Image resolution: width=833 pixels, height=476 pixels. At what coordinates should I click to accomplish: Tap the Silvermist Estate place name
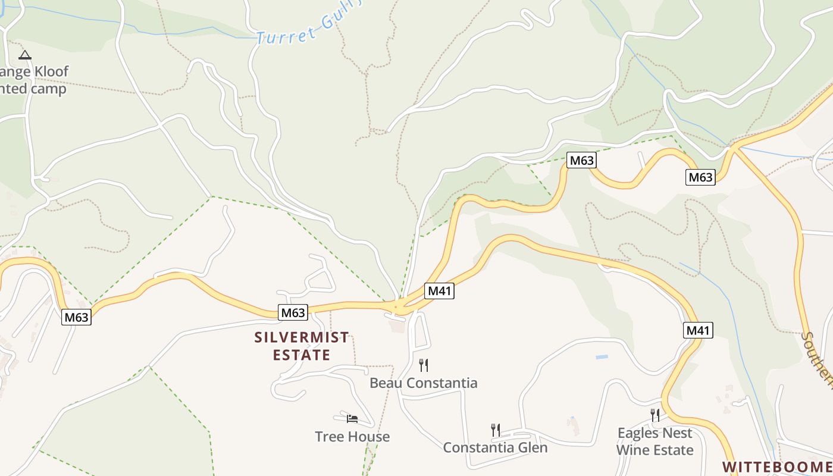[x=302, y=346]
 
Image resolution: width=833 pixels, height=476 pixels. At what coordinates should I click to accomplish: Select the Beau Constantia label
[x=423, y=383]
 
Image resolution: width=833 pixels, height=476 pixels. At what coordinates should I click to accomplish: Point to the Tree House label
[x=352, y=437]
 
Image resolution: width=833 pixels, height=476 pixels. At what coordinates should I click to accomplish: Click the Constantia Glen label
[x=495, y=447]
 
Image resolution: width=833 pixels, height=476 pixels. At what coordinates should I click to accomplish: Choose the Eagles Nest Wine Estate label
[x=654, y=441]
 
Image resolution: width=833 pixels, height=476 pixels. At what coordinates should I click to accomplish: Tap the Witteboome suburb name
[x=777, y=467]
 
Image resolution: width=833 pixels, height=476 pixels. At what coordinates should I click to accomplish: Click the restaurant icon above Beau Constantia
[x=424, y=365]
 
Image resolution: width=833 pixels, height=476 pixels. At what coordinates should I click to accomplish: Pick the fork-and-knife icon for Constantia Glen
[x=495, y=430]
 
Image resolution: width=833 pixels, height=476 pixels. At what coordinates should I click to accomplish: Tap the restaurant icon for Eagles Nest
[x=654, y=415]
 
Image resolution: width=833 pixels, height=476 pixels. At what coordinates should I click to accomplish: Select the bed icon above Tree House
[x=352, y=419]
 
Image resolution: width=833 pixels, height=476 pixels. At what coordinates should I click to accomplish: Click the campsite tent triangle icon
[x=24, y=55]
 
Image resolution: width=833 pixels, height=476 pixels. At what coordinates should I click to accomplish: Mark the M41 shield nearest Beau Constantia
[x=440, y=291]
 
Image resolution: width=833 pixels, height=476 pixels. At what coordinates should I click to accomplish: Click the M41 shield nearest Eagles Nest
[x=699, y=330]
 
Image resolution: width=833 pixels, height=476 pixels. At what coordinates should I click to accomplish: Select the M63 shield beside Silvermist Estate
[x=293, y=312]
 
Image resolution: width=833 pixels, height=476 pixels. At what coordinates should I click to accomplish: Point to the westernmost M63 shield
[x=76, y=317]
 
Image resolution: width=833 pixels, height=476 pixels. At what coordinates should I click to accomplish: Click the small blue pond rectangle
[x=602, y=357]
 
